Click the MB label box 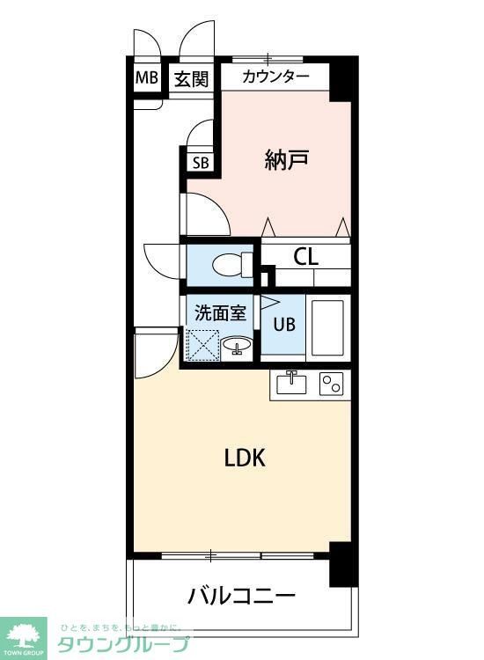tap(146, 77)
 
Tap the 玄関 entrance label tap(191, 78)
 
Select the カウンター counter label tap(275, 77)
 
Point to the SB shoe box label tap(201, 162)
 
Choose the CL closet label tap(305, 257)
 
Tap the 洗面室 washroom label tap(220, 311)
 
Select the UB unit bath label tap(283, 324)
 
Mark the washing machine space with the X tap(202, 345)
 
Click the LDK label tap(245, 458)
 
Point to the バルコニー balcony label tap(241, 597)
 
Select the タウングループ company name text tap(123, 643)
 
